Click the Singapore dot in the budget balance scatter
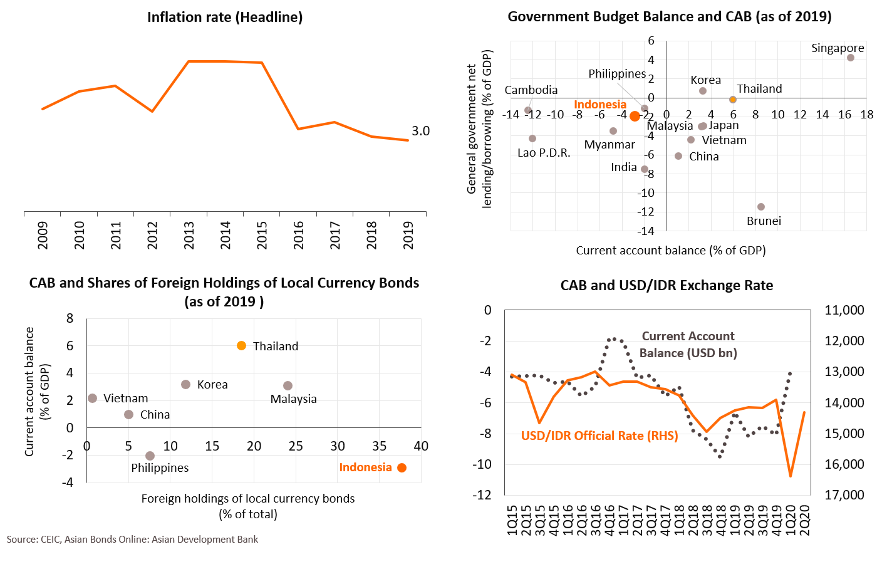851,58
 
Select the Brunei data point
761,207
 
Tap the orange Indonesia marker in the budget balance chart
635,116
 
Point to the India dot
645,169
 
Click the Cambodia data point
528,110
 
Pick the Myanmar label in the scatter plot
609,145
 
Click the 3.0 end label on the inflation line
421,131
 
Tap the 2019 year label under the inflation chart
408,235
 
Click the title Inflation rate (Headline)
225,18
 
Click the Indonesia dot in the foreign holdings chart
402,467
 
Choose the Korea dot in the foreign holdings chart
185,384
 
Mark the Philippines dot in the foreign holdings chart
150,456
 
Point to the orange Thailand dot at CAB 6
241,346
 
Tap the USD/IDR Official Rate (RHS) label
599,436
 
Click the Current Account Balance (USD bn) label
688,345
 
